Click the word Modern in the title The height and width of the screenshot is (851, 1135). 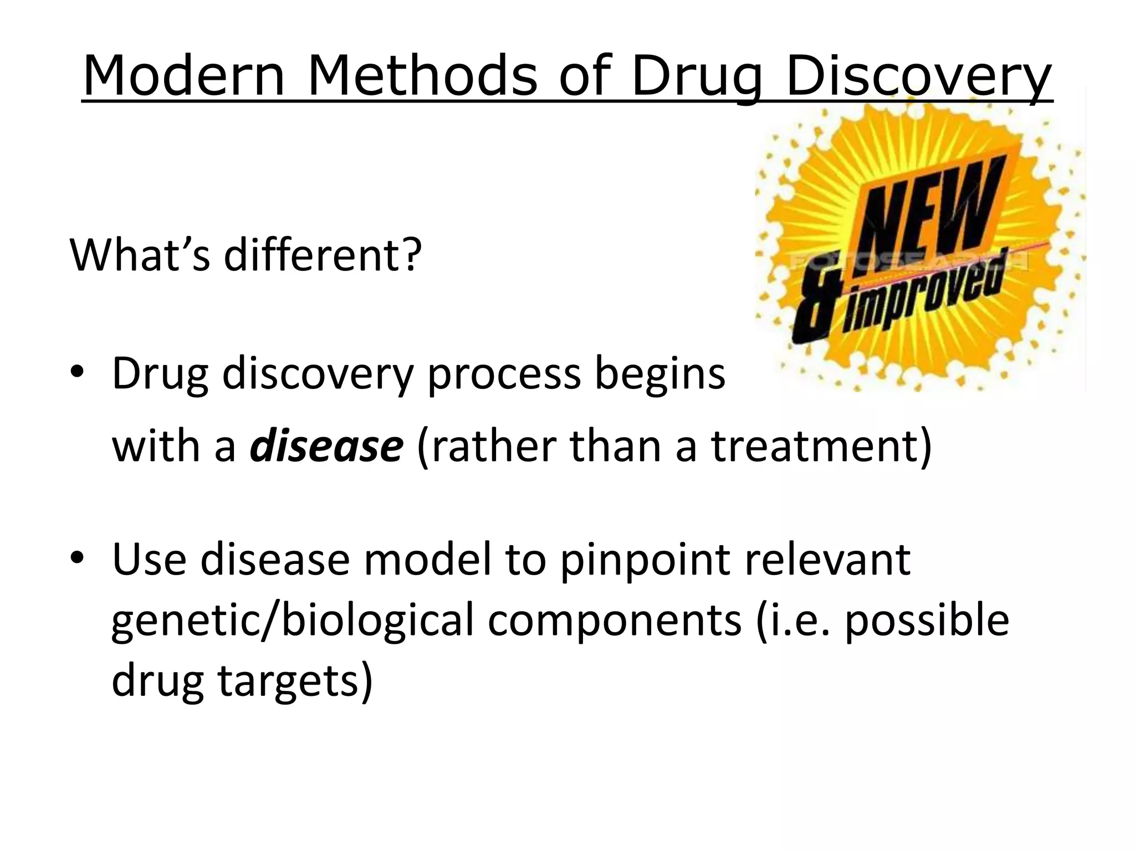pyautogui.click(x=183, y=76)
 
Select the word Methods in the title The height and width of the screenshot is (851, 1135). pyautogui.click(x=422, y=76)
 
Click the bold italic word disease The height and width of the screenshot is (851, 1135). pyautogui.click(x=326, y=447)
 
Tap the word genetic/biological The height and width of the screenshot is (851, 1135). pyautogui.click(x=293, y=621)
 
